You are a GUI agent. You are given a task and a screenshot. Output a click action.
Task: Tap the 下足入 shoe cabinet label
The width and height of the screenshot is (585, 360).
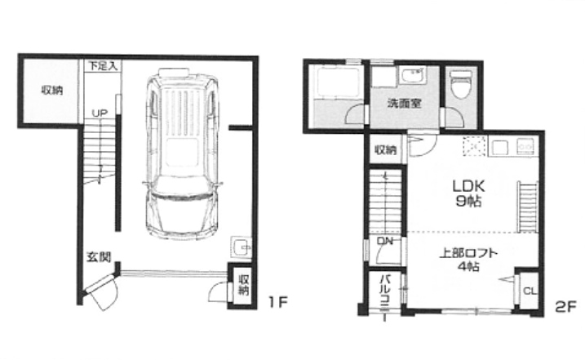pyautogui.click(x=103, y=66)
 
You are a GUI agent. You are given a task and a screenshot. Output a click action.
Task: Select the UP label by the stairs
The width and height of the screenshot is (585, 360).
pyautogui.click(x=100, y=113)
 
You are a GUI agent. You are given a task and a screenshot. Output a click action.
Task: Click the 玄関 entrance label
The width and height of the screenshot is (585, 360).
pyautogui.click(x=99, y=256)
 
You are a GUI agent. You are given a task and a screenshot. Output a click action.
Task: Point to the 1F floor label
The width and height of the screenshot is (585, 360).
pyautogui.click(x=278, y=301)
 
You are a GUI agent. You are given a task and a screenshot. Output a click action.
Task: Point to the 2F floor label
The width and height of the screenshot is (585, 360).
pyautogui.click(x=565, y=306)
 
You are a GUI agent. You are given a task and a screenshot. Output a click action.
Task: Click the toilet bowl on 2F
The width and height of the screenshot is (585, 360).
pyautogui.click(x=461, y=85)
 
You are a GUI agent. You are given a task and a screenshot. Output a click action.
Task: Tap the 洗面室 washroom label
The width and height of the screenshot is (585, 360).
pyautogui.click(x=405, y=103)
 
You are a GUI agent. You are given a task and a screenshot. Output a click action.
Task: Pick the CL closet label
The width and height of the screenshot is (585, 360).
pyautogui.click(x=530, y=291)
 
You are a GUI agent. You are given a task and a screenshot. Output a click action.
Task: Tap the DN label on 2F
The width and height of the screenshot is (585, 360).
pyautogui.click(x=384, y=242)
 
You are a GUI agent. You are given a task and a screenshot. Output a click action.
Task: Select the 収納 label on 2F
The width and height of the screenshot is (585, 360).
pyautogui.click(x=386, y=150)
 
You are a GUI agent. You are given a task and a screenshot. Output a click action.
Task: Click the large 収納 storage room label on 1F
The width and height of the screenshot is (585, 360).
pyautogui.click(x=52, y=91)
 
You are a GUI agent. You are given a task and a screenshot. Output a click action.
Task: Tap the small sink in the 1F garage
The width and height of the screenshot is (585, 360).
pyautogui.click(x=241, y=247)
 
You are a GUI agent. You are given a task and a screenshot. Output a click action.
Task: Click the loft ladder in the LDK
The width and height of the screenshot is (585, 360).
pyautogui.click(x=527, y=207)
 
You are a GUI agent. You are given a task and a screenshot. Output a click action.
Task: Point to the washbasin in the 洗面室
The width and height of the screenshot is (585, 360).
pyautogui.click(x=412, y=76)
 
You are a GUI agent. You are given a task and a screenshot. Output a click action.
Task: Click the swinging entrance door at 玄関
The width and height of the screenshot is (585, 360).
pyautogui.click(x=101, y=291)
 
